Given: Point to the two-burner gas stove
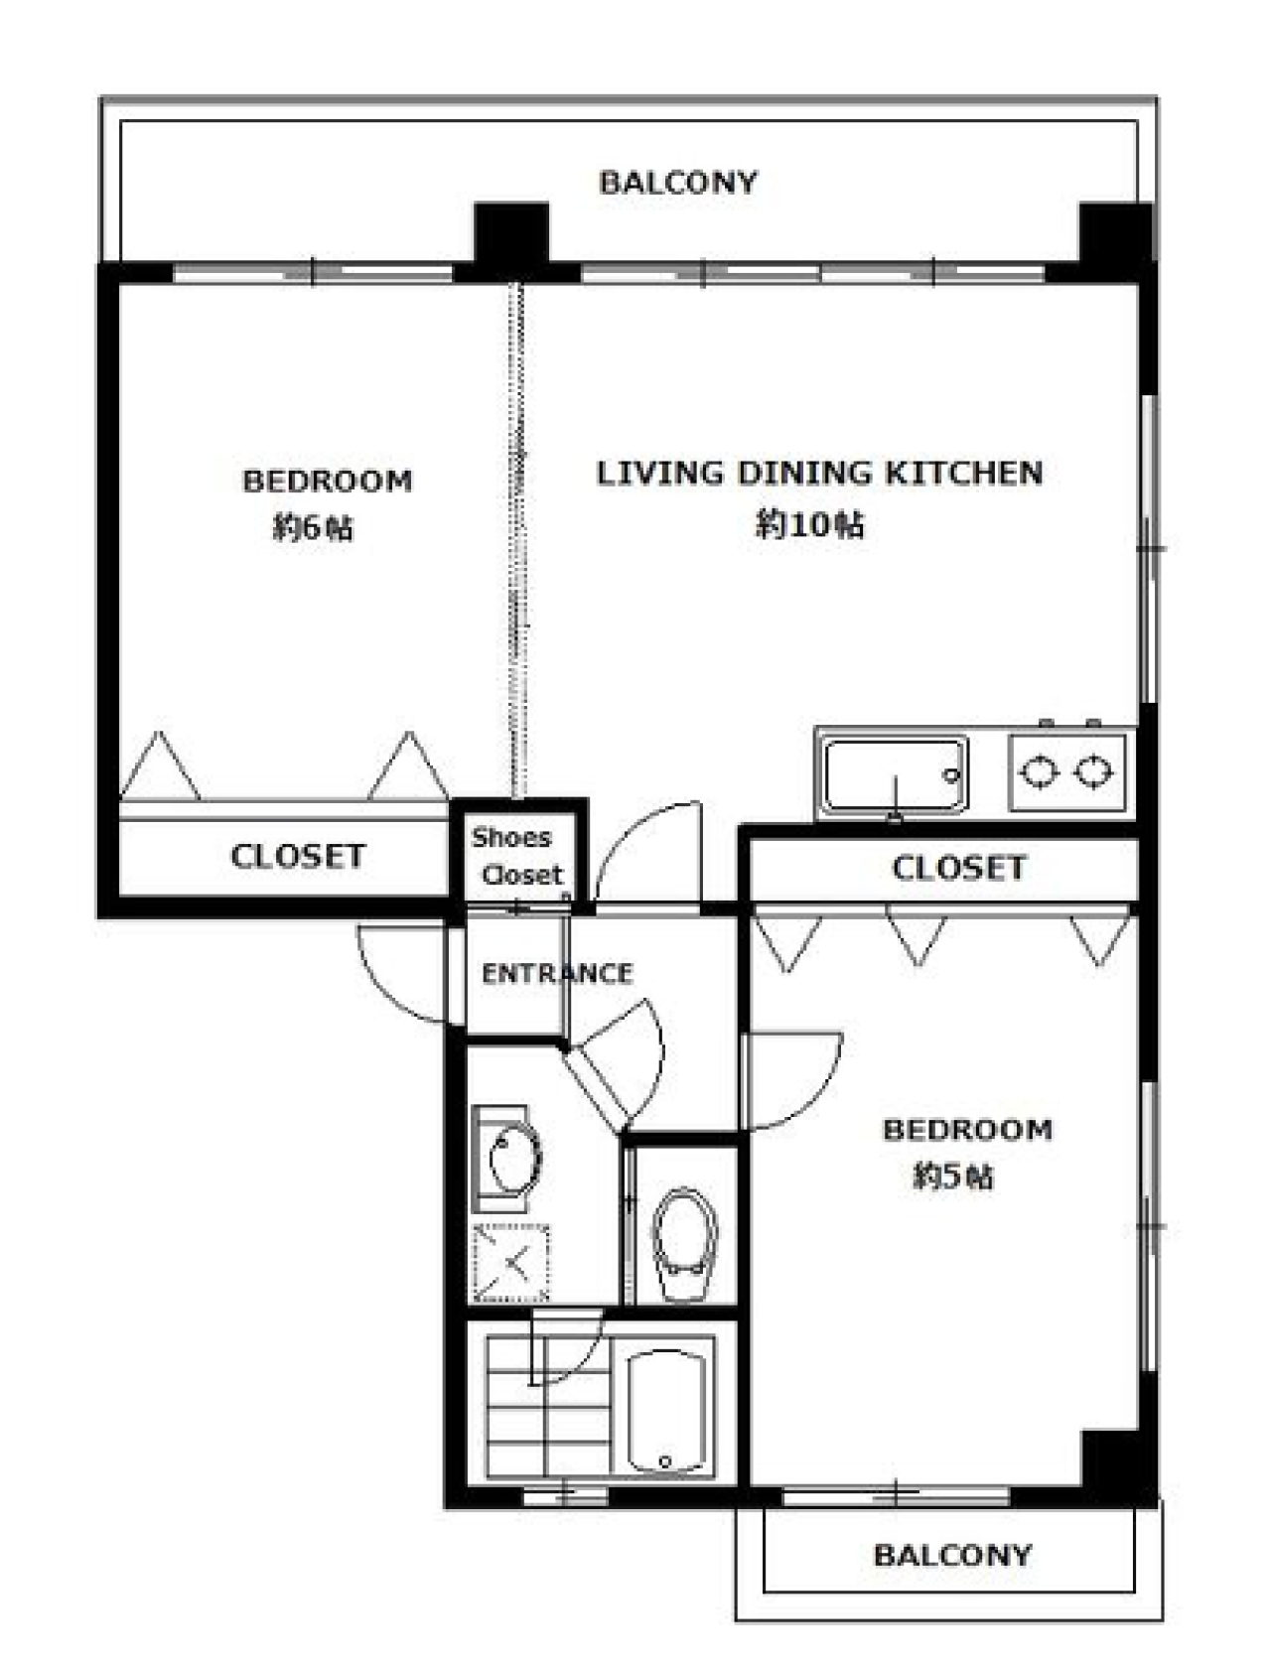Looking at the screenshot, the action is pos(1067,772).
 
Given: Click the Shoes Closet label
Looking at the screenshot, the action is pos(516,856).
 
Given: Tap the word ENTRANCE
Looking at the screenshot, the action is pos(557,974).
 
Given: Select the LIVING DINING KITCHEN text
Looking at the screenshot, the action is pos(819,473).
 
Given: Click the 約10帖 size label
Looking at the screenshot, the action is pos(809,523).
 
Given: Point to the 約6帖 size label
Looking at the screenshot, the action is pos(313,527).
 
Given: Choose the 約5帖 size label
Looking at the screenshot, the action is pos(952,1177).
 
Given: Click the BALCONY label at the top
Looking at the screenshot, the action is pos(677,182).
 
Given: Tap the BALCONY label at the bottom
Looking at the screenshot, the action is pos(952,1555).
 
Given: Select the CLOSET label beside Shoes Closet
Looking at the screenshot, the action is pos(298,856).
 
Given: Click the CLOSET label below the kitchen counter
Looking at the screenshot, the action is pos(958,868).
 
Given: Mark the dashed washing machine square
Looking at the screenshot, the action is pos(511,1264).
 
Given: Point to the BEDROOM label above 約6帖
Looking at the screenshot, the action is pos(327,481).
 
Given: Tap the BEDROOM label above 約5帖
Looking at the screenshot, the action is pos(967,1130).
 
